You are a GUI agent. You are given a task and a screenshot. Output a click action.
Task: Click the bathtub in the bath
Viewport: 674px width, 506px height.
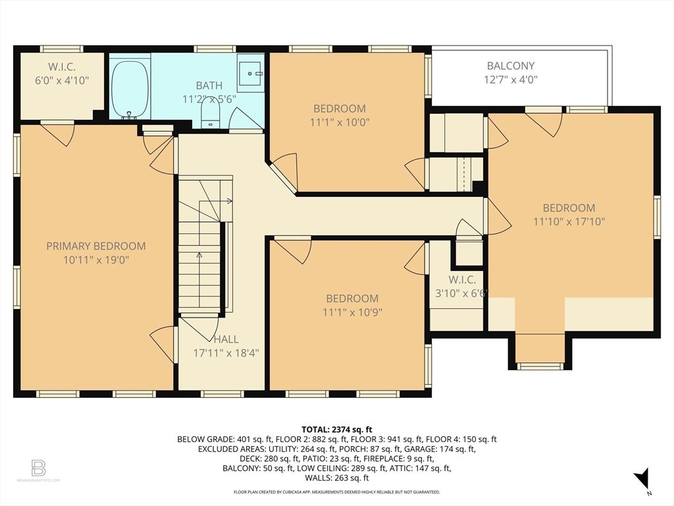click(131, 89)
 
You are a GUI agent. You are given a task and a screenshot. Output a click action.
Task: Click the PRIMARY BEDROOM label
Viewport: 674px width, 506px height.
click(96, 246)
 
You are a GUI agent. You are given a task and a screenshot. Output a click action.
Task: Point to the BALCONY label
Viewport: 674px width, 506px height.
click(511, 66)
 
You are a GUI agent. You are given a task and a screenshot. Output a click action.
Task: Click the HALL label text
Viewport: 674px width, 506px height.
click(226, 339)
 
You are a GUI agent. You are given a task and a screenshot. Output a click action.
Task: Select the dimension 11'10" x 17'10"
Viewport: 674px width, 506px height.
click(569, 221)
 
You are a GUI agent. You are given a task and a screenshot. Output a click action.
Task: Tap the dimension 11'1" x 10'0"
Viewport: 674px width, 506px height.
click(340, 122)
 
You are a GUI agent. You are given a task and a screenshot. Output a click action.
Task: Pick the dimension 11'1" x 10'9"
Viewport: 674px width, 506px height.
click(353, 312)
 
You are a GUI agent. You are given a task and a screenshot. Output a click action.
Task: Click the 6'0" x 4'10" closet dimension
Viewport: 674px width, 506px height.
click(62, 80)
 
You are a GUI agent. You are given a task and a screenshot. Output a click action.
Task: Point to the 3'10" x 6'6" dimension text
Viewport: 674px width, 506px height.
click(462, 293)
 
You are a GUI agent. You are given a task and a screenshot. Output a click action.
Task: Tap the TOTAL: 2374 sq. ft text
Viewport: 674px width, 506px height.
click(336, 429)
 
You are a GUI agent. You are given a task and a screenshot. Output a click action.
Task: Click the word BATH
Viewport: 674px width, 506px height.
click(209, 85)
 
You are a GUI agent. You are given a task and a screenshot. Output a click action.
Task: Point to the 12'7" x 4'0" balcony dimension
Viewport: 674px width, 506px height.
click(511, 80)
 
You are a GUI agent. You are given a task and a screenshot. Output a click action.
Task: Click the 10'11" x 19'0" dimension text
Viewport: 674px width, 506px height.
click(96, 260)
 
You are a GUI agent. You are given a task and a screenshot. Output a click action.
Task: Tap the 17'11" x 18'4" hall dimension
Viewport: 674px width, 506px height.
click(226, 353)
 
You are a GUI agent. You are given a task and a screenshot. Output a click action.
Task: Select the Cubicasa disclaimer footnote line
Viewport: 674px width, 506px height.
click(336, 492)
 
